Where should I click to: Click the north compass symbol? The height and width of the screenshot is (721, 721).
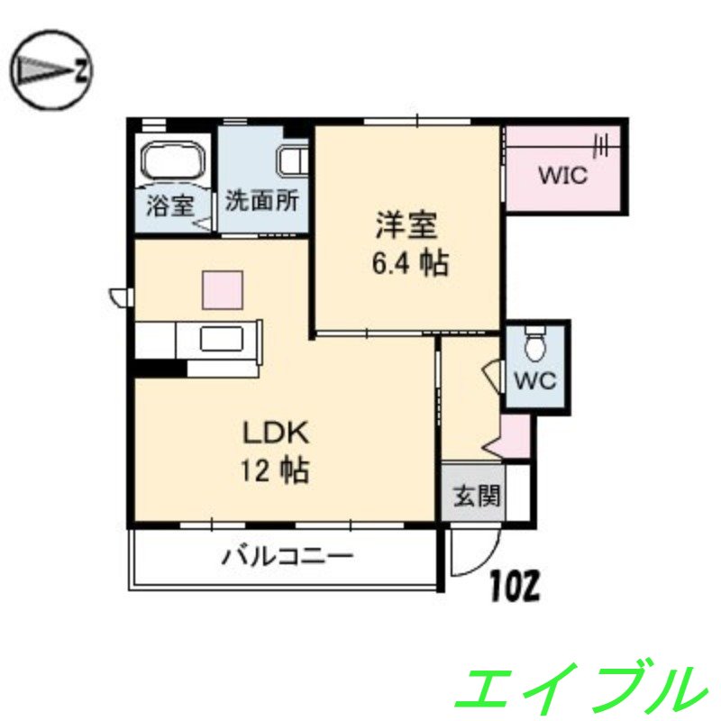51,70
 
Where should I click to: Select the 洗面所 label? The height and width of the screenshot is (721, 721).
261,201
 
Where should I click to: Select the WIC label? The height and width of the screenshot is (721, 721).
562,175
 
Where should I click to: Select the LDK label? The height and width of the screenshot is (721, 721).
275,434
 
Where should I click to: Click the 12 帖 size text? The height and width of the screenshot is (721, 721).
275,470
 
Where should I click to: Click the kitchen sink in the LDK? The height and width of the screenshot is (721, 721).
224,341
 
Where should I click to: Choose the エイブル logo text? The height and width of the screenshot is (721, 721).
578,687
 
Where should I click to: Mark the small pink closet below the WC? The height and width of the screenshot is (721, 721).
516,435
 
